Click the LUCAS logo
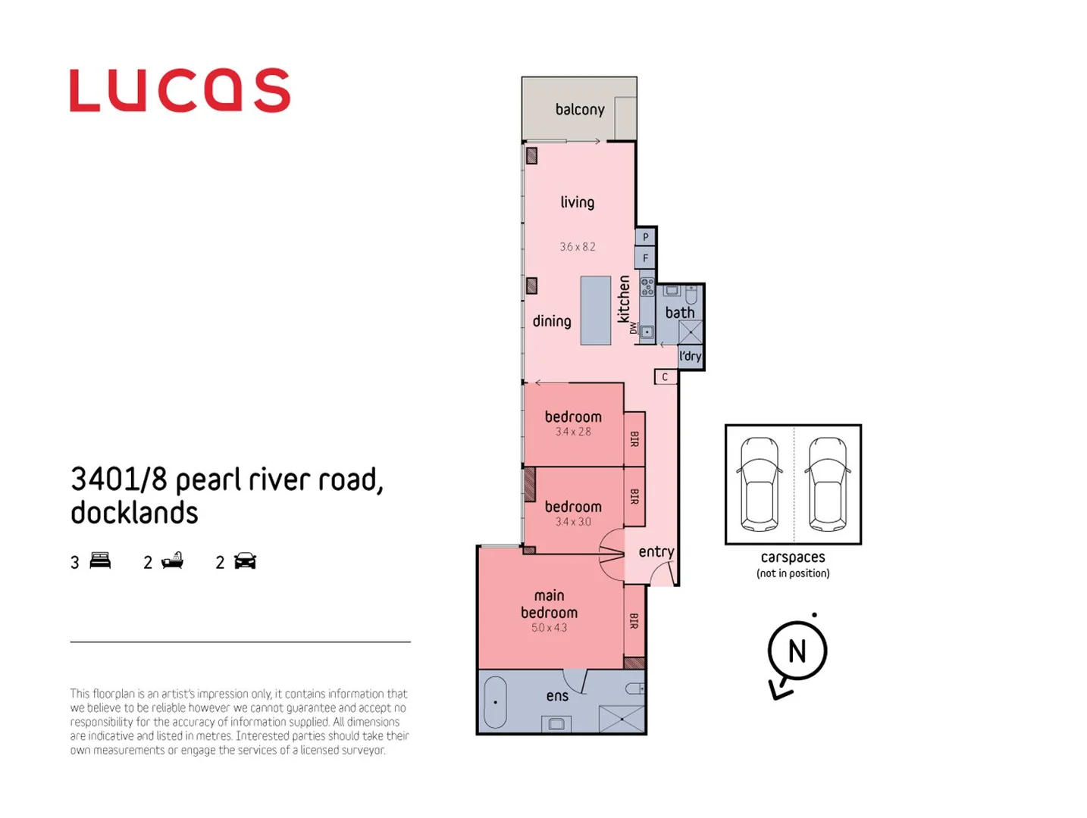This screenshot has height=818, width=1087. click(x=180, y=91)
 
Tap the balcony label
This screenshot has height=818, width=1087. click(x=580, y=110)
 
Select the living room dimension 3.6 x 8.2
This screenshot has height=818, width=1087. click(x=578, y=247)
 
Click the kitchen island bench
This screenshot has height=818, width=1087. click(x=596, y=311)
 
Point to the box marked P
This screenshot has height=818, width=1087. click(x=645, y=237)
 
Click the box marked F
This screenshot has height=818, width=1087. click(x=645, y=258)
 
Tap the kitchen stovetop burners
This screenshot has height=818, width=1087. click(x=647, y=287)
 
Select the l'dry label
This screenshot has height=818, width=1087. click(x=690, y=356)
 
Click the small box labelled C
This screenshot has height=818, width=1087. click(x=665, y=376)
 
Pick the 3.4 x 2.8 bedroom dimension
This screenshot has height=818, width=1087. click(x=573, y=432)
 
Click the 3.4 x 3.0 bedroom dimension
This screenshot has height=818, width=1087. click(x=573, y=522)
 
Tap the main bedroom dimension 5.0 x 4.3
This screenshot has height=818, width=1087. click(x=549, y=628)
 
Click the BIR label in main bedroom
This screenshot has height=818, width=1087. click(x=634, y=621)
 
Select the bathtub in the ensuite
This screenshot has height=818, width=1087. click(x=495, y=702)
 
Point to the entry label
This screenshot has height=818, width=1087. click(x=656, y=552)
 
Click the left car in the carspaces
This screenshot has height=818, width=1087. click(x=760, y=485)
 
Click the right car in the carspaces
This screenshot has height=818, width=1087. click(x=827, y=485)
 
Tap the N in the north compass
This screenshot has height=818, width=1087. click(x=797, y=651)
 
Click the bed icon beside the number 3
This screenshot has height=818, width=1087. click(x=100, y=561)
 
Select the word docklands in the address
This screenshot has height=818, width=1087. click(x=134, y=514)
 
